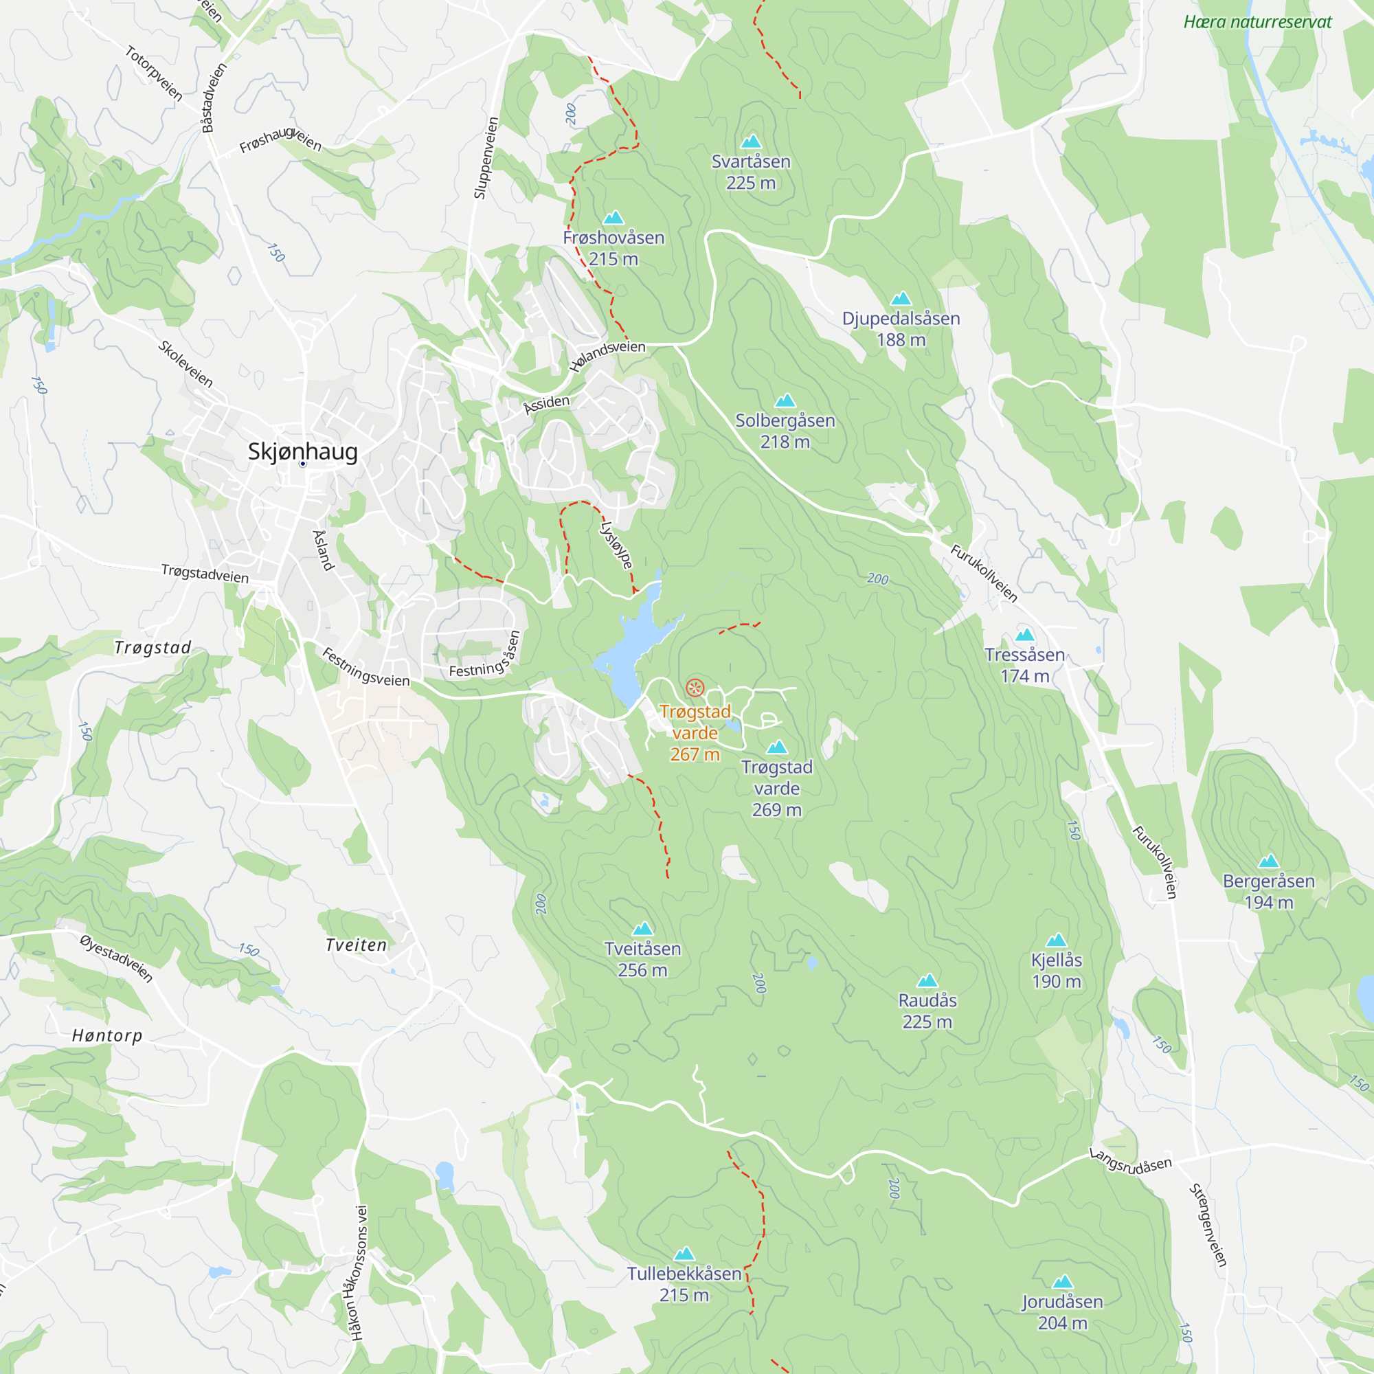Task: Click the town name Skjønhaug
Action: (302, 451)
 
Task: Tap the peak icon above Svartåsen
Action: (751, 142)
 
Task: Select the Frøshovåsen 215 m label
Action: (613, 247)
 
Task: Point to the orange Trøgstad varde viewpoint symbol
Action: (695, 688)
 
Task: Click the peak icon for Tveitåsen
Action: (642, 929)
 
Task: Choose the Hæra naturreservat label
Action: (1257, 22)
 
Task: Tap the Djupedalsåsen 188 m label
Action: (901, 328)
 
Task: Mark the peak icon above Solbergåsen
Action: (785, 401)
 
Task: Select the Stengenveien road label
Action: (1208, 1225)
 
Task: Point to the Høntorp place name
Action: (107, 1035)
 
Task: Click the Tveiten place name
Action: (357, 945)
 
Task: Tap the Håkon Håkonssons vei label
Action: (360, 1273)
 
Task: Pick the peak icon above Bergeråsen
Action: (1268, 862)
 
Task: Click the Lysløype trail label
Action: (616, 545)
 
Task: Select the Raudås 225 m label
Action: (927, 1011)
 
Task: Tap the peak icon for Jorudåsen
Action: (1062, 1281)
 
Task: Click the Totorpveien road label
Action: (154, 74)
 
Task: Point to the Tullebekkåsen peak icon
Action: (684, 1253)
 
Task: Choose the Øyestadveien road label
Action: (116, 958)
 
